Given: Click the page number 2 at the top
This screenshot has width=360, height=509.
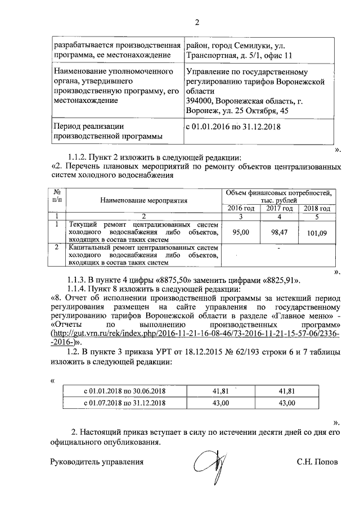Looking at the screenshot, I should (197, 23).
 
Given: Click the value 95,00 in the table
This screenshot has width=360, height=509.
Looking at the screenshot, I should (241, 231).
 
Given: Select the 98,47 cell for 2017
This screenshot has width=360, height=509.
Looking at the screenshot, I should (279, 231).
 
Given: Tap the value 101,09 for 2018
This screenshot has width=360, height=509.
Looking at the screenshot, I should (317, 232).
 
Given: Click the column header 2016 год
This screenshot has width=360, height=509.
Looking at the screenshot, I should (241, 208).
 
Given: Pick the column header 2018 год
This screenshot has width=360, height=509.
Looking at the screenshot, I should (317, 208).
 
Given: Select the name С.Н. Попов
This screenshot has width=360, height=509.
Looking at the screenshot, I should (318, 462).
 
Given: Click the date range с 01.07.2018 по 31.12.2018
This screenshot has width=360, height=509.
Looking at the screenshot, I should (125, 403).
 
